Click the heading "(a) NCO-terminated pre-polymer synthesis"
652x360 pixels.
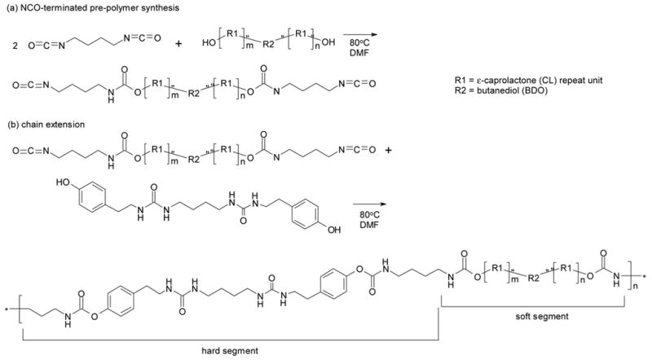(90, 7)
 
